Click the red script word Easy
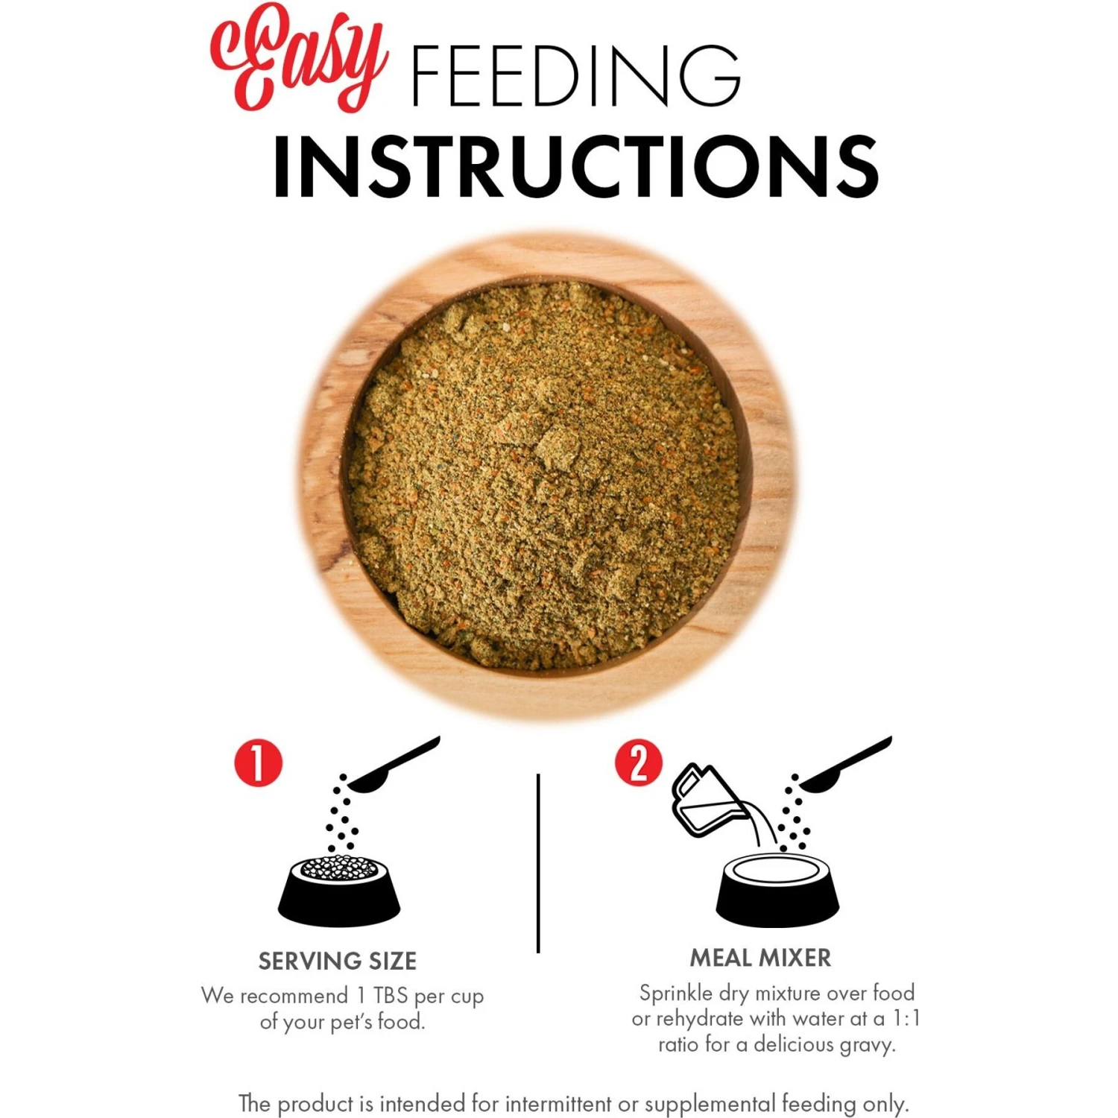pos(298,58)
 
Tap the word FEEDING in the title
pos(576,75)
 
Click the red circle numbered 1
pos(259,762)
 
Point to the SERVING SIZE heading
pos(338,961)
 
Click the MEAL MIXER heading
pos(760,958)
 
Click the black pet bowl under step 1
pos(339,891)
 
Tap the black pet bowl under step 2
pos(777,890)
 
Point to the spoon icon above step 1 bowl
pos(393,764)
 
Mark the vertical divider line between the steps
pos(538,863)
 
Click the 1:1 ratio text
pos(906,1018)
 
